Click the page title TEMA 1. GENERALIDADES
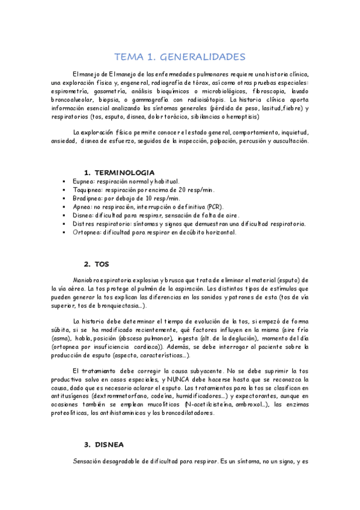pyautogui.click(x=180, y=57)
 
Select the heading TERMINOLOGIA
pyautogui.click(x=120, y=173)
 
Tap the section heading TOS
pyautogui.click(x=102, y=264)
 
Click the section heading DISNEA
pyautogui.click(x=108, y=444)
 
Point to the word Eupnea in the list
pyautogui.click(x=84, y=181)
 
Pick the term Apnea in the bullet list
pyautogui.click(x=81, y=206)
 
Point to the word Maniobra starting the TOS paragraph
pyautogui.click(x=88, y=280)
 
